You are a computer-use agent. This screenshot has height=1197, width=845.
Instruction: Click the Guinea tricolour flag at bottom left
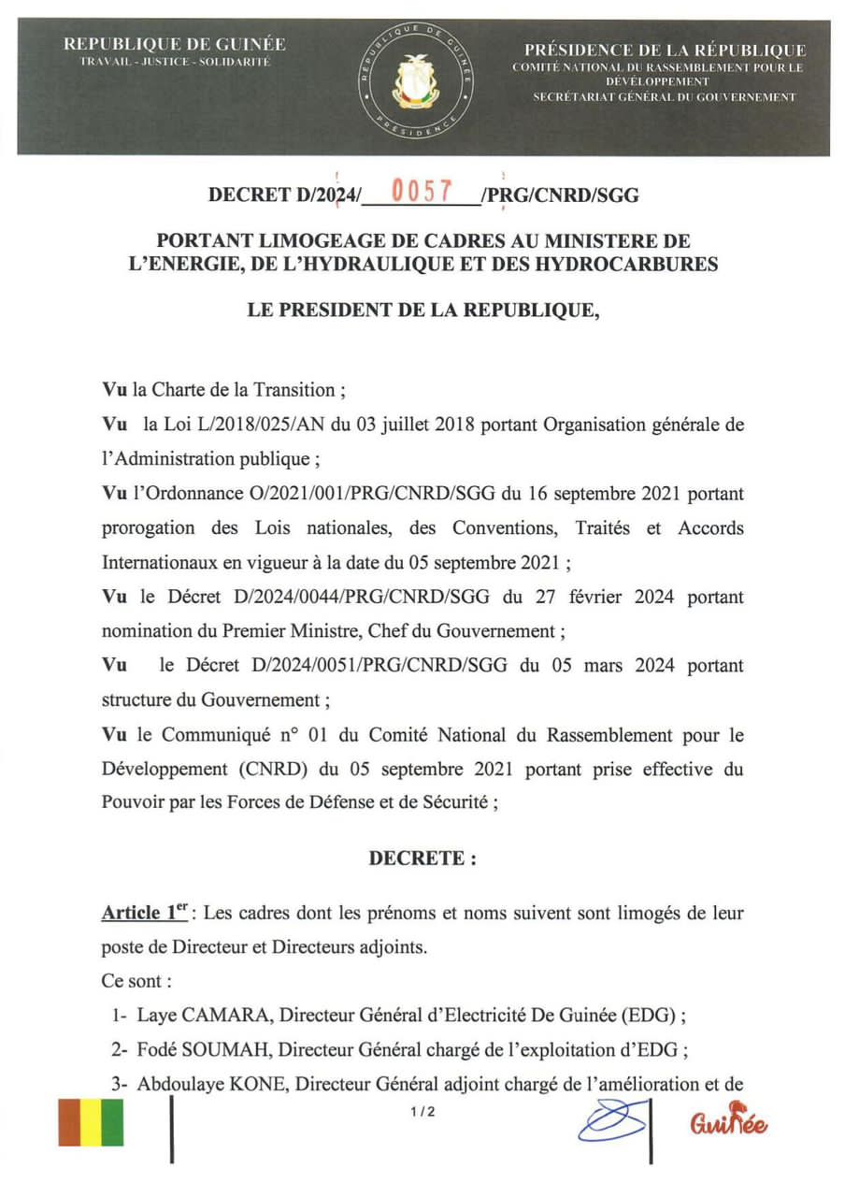click(91, 1122)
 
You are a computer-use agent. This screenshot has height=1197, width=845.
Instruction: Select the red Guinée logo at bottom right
click(729, 1119)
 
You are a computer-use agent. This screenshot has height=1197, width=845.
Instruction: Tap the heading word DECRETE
click(422, 858)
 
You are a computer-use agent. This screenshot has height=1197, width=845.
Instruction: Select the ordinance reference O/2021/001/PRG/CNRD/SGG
click(377, 493)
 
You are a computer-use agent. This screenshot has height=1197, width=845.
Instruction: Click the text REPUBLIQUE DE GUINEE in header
click(175, 44)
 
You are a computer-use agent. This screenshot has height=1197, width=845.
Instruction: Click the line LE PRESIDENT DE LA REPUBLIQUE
click(422, 310)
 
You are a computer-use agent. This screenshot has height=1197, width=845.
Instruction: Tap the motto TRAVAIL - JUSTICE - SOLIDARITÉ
click(175, 62)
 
